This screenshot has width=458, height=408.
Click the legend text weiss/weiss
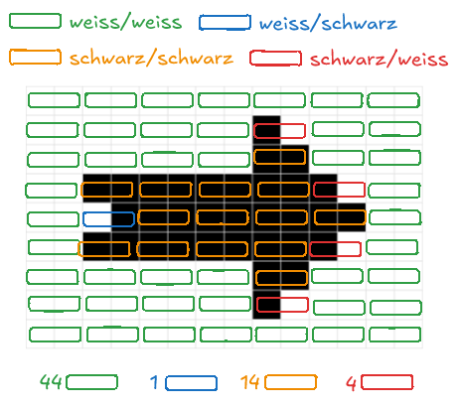(125, 22)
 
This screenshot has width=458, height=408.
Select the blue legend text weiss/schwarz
(328, 23)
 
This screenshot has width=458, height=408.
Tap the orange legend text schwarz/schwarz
(151, 58)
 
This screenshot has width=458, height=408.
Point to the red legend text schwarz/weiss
(379, 59)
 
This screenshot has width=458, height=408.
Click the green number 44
(51, 381)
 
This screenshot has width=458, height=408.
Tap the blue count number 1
(154, 382)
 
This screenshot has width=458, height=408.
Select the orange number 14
(250, 382)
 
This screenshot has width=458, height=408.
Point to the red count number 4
(351, 383)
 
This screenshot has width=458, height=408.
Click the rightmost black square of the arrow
(352, 217)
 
